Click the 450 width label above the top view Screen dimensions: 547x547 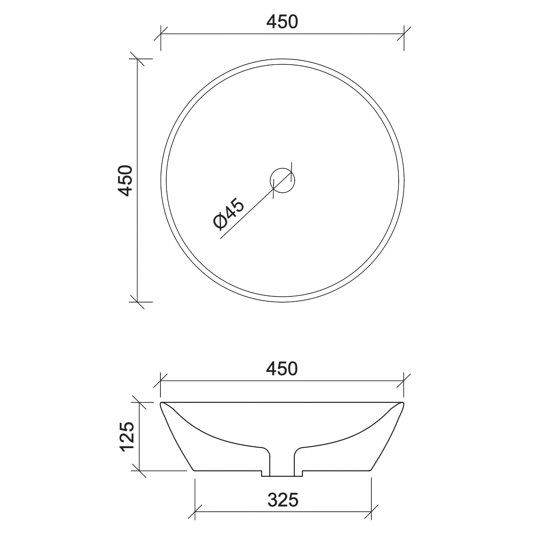tap(282, 22)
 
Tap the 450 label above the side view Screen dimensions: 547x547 tap(282, 369)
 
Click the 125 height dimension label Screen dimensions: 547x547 tap(127, 437)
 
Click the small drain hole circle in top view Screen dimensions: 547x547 tap(282, 180)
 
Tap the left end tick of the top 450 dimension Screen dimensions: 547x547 tap(161, 34)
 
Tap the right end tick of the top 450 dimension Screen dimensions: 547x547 tap(404, 34)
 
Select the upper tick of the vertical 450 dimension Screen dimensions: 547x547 tap(137, 59)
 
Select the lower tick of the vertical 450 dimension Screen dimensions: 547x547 tap(137, 302)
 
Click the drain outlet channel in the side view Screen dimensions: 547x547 tap(282, 464)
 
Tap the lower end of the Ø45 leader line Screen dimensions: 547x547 tap(221, 239)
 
